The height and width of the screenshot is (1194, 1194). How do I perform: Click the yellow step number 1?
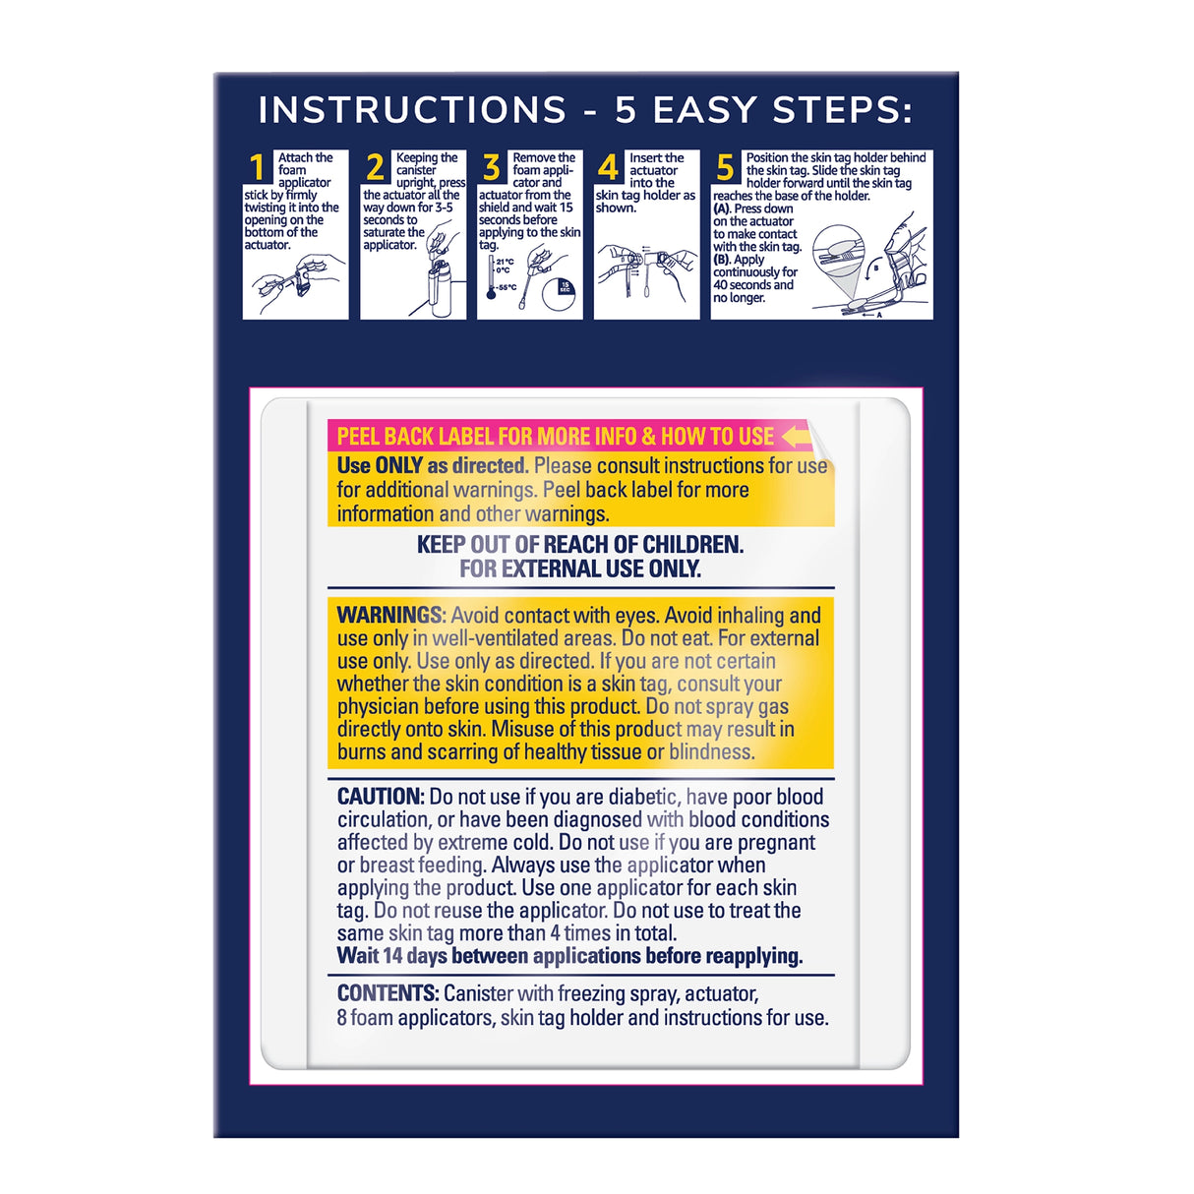point(258,168)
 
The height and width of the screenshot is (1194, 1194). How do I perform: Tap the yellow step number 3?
point(492,168)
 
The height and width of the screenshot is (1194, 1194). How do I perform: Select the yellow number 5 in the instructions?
point(726,168)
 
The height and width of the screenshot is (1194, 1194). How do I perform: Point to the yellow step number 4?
point(609,168)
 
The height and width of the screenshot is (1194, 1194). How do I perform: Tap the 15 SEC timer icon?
point(565,287)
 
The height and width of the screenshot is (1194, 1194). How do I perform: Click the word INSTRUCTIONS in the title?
point(412,110)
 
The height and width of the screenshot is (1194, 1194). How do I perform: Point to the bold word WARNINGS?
point(389,616)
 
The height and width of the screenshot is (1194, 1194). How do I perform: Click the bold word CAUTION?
point(380,797)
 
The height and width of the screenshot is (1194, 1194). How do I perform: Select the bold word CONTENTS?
point(387,993)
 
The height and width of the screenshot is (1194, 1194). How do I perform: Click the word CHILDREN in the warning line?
point(692,545)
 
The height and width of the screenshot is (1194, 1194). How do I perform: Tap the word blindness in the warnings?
point(711,752)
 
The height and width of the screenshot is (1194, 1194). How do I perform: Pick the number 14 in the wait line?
point(392,956)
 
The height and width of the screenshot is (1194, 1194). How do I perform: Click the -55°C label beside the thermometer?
point(507,288)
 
